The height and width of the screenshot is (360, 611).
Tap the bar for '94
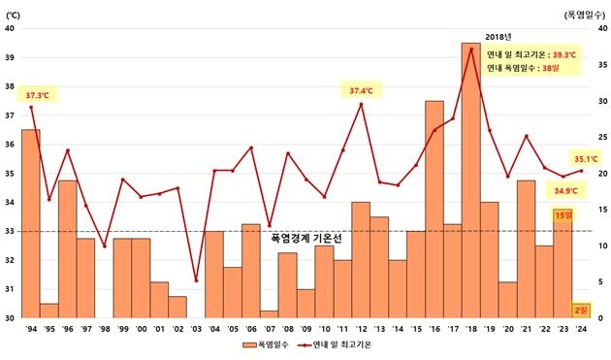point(31,223)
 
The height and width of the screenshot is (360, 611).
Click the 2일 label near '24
point(580,310)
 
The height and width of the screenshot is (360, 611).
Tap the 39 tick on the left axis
point(9,57)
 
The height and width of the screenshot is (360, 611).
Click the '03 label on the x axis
point(196,328)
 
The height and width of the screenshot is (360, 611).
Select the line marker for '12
point(361,104)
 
